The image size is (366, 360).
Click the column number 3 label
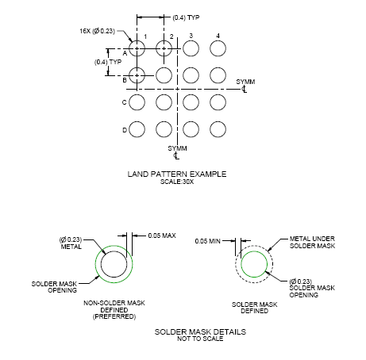click(191, 36)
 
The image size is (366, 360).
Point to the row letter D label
click(125, 130)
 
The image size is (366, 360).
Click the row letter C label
click(125, 102)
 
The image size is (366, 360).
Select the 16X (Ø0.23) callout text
click(98, 31)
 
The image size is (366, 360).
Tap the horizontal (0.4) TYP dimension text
click(186, 17)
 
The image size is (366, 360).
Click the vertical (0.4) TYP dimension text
click(108, 62)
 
